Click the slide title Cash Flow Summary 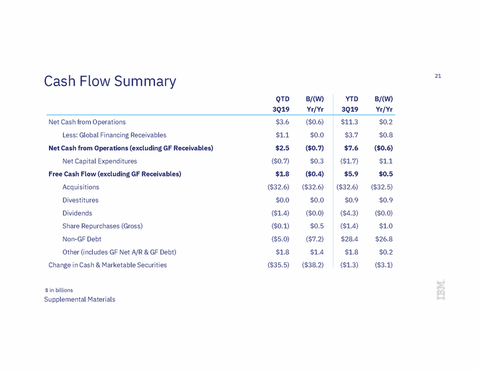(x=110, y=81)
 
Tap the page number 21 (x=438, y=76)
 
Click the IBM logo (x=441, y=290)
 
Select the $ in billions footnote (x=59, y=290)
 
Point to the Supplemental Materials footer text (x=80, y=299)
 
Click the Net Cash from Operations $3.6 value (x=282, y=122)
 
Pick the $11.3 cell (x=349, y=122)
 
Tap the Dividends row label (x=78, y=213)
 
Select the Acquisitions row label (x=80, y=187)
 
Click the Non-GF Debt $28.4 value (x=349, y=239)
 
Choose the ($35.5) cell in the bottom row (x=279, y=265)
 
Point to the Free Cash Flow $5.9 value (x=351, y=174)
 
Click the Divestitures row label (x=80, y=200)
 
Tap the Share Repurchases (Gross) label (x=103, y=226)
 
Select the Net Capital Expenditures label (x=100, y=161)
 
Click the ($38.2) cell (x=313, y=265)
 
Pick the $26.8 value (x=384, y=239)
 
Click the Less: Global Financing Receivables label (x=114, y=135)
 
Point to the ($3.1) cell (x=383, y=265)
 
